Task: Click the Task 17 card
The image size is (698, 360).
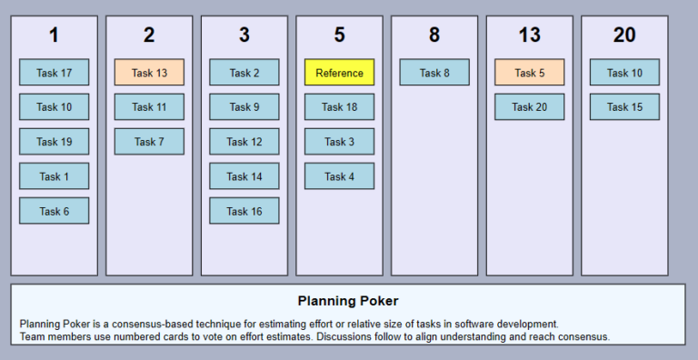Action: click(x=54, y=73)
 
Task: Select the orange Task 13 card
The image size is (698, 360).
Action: click(x=149, y=73)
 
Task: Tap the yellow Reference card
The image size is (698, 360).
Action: click(x=339, y=73)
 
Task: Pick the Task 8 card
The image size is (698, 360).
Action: click(x=434, y=73)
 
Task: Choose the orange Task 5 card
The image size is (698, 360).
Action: click(x=529, y=73)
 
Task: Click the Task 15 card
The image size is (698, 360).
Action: click(x=624, y=107)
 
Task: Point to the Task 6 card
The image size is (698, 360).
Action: click(x=54, y=211)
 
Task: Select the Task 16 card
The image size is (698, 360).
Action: click(x=244, y=211)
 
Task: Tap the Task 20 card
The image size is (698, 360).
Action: click(x=529, y=107)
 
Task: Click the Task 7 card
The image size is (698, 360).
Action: click(x=149, y=142)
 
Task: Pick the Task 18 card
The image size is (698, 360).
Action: click(x=339, y=107)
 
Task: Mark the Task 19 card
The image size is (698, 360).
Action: click(x=54, y=142)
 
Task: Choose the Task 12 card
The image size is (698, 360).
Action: click(x=244, y=142)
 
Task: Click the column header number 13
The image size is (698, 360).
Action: click(x=529, y=35)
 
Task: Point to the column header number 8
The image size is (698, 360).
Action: click(x=434, y=35)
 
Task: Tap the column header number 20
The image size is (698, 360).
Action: click(x=624, y=35)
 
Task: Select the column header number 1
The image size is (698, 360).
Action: click(x=54, y=35)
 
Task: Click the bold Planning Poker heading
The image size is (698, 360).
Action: click(x=348, y=301)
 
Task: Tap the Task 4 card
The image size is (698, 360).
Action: click(x=339, y=176)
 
